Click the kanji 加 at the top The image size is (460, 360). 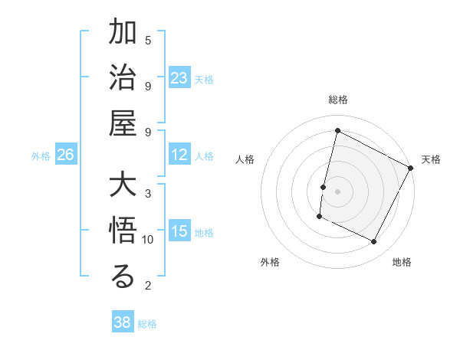click(x=123, y=34)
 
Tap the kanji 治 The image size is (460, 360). click(x=123, y=79)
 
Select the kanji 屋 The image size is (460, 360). click(x=123, y=123)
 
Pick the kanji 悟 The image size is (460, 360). click(x=123, y=233)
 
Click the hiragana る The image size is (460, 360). click(x=123, y=277)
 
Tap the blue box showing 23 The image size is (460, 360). click(x=179, y=78)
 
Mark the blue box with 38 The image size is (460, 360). click(x=123, y=322)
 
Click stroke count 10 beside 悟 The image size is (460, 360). click(x=148, y=240)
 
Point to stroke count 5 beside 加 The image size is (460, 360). click(x=148, y=40)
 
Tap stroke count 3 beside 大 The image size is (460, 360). click(x=148, y=193)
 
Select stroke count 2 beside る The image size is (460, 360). click(x=148, y=286)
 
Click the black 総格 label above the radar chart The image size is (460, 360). click(x=338, y=100)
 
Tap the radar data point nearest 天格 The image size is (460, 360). click(x=412, y=168)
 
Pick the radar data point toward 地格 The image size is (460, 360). click(x=374, y=242)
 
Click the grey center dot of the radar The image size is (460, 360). click(x=338, y=191)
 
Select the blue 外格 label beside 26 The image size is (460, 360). click(x=41, y=156)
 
